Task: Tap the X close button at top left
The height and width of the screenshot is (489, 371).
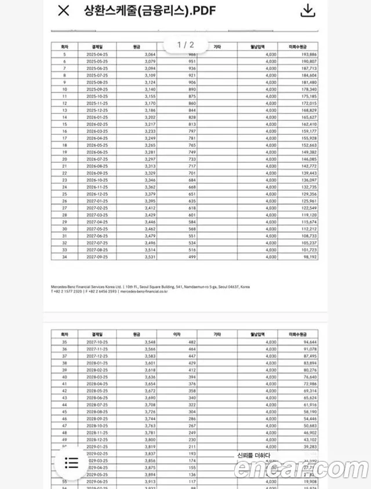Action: pyautogui.click(x=64, y=10)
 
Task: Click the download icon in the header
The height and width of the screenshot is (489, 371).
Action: pyautogui.click(x=308, y=10)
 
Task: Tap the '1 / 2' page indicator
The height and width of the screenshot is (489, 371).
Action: pyautogui.click(x=185, y=45)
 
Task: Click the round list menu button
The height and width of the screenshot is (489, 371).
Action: pyautogui.click(x=71, y=462)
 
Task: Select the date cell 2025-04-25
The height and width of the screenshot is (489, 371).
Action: pyautogui.click(x=96, y=53)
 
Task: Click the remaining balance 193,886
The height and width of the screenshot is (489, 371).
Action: pyautogui.click(x=307, y=53)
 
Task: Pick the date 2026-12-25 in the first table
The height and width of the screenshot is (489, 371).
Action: pyautogui.click(x=96, y=195)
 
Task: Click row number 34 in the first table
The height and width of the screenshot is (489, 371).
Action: pyautogui.click(x=64, y=256)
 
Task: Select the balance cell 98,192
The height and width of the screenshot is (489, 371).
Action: pyautogui.click(x=308, y=256)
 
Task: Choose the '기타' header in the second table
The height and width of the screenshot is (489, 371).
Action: pyautogui.click(x=217, y=335)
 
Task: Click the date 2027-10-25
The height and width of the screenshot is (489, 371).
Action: pyautogui.click(x=96, y=343)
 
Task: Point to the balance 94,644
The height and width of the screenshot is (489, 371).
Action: pyautogui.click(x=308, y=343)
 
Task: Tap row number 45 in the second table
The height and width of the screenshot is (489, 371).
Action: pyautogui.click(x=64, y=412)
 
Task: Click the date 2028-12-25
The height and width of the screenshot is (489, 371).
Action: pyautogui.click(x=96, y=440)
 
